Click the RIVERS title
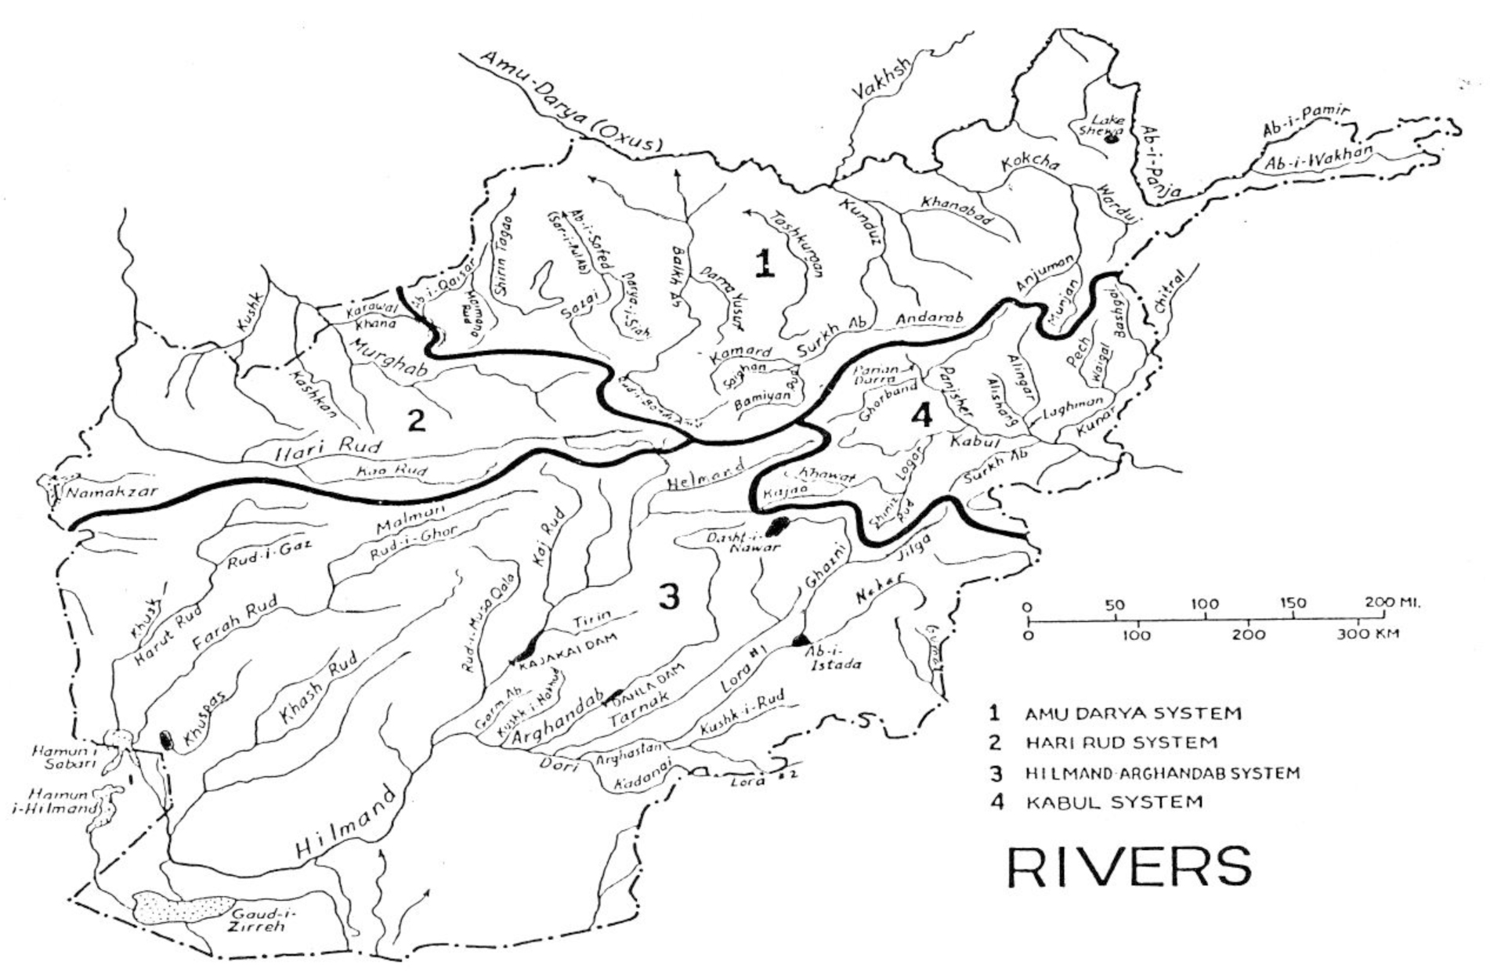point(1129,866)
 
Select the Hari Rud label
point(328,450)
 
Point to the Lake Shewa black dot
point(1109,140)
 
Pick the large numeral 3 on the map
point(668,597)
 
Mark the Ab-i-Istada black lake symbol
point(801,640)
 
